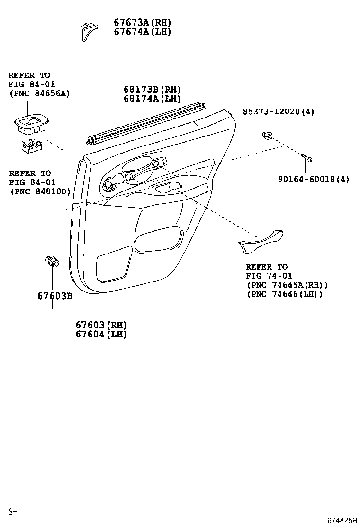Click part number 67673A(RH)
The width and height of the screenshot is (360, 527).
(x=143, y=23)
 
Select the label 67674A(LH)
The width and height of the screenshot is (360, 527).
(x=143, y=32)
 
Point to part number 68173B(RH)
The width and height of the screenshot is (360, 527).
(x=152, y=90)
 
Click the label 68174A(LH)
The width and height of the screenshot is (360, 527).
(x=152, y=99)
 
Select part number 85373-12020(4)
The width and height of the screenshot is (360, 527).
(x=279, y=111)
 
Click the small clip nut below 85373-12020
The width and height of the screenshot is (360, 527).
(x=267, y=135)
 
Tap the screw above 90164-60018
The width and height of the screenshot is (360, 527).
(x=306, y=158)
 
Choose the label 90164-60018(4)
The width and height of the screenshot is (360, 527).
(x=313, y=179)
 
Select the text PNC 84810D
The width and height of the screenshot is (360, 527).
(x=41, y=191)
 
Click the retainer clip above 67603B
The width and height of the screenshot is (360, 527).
(x=52, y=261)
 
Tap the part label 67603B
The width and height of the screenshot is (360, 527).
(x=55, y=296)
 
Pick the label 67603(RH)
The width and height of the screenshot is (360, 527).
(x=101, y=325)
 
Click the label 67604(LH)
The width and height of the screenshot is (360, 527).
(x=101, y=334)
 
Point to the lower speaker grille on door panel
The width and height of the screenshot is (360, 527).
(x=114, y=264)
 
